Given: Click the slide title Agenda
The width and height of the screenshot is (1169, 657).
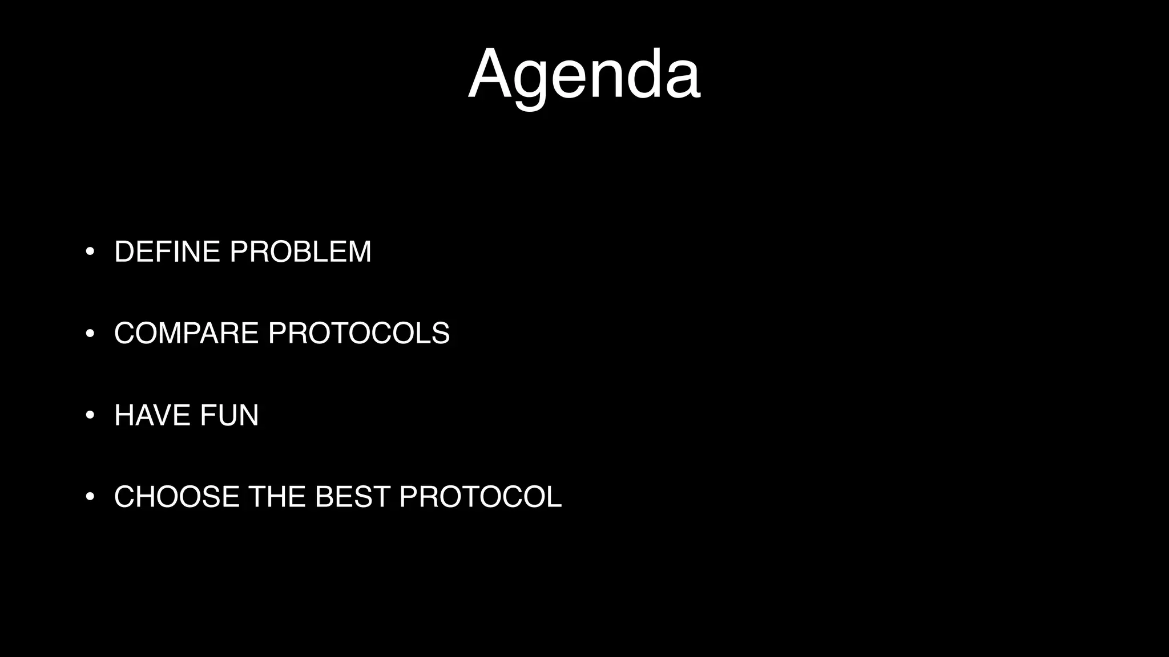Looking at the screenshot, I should pos(584,76).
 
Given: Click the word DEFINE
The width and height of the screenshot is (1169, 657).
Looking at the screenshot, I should pos(167,252).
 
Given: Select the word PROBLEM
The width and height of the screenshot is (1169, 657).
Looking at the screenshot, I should pos(300,252).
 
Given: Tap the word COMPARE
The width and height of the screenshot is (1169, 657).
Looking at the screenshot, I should pos(186,334).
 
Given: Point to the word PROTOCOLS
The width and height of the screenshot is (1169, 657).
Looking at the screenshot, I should pos(359,334).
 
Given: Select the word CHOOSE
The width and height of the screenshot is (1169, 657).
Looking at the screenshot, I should pos(177,497).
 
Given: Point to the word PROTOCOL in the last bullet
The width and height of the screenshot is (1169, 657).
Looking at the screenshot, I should pos(481,497).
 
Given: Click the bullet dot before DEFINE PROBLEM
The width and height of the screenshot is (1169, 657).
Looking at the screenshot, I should pos(90,252).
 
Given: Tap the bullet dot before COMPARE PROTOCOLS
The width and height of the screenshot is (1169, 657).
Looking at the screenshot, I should pos(90,334).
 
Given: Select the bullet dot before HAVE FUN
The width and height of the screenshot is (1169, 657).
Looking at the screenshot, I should pos(90,415).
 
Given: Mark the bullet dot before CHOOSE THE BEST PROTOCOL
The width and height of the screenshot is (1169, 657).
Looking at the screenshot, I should pos(90,497).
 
